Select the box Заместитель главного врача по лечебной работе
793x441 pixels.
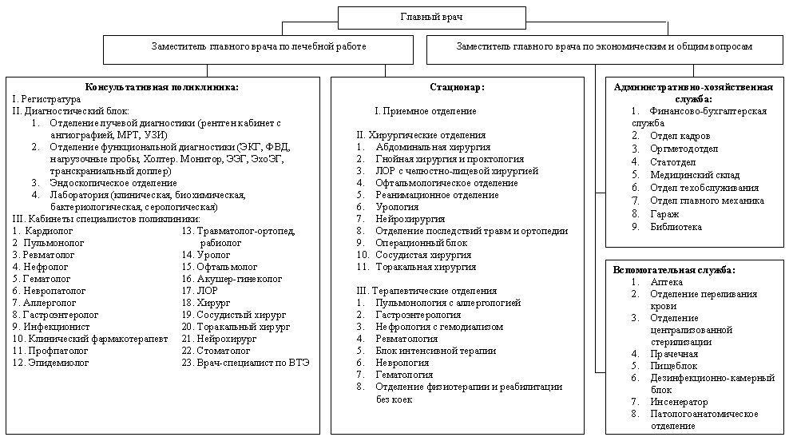point(259,47)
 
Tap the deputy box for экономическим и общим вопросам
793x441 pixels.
point(604,47)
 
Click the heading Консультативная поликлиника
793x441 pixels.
point(162,87)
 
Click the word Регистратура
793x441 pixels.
point(51,99)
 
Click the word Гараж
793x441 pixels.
point(664,214)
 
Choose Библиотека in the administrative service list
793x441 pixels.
point(676,226)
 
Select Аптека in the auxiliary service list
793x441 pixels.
point(667,282)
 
